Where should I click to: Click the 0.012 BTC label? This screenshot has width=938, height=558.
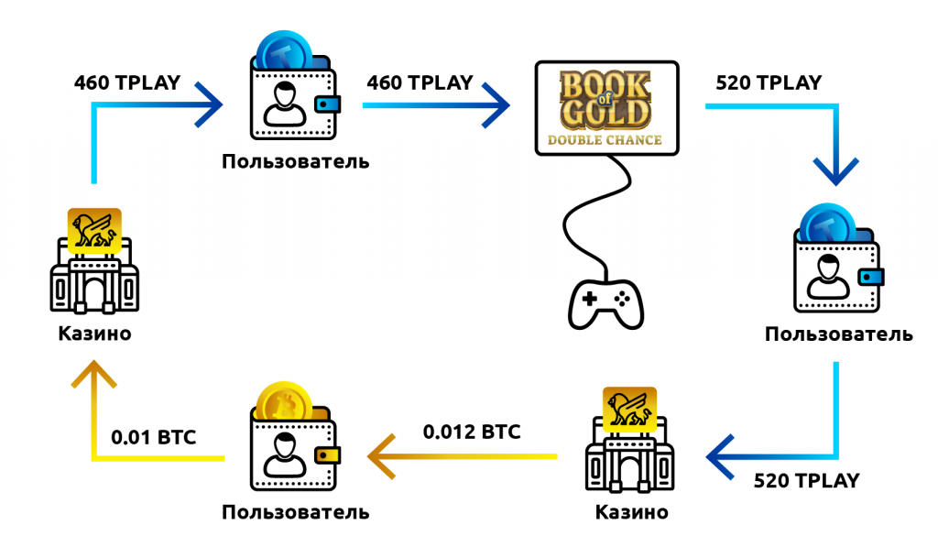pos(472,431)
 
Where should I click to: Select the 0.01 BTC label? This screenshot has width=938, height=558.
pos(153,437)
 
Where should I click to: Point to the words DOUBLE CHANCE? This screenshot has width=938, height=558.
pos(606,140)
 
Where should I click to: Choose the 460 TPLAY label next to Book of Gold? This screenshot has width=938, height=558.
pos(420,82)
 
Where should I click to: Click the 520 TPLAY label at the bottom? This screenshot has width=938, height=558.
pos(806,480)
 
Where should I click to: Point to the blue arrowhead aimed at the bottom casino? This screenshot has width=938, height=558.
pos(721,456)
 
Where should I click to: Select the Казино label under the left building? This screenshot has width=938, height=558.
pos(94,334)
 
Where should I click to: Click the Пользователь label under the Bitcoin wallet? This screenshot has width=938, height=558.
pos(295,511)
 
